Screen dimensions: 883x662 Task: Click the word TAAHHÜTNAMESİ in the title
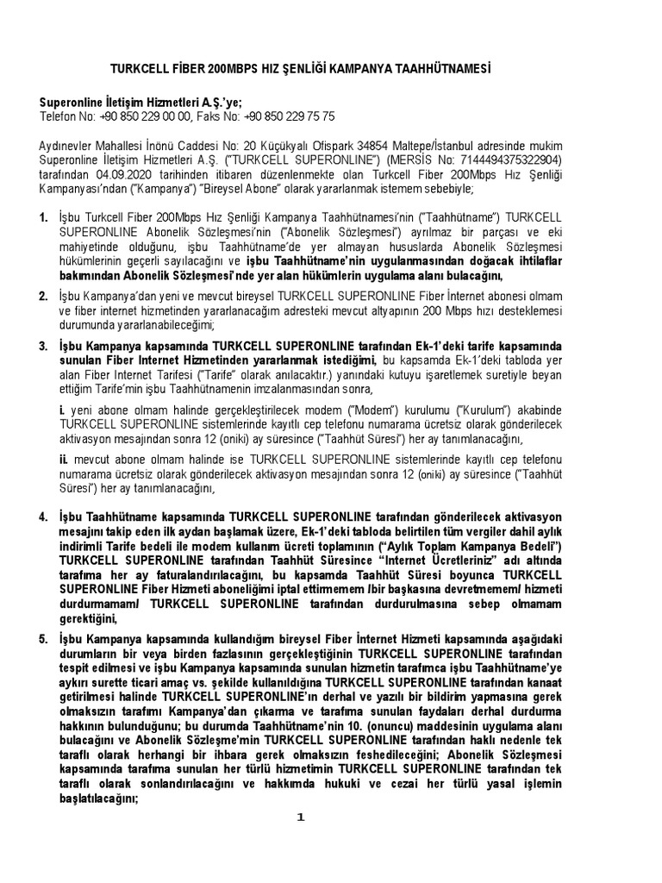(x=446, y=66)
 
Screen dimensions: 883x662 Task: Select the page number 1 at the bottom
(x=300, y=817)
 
